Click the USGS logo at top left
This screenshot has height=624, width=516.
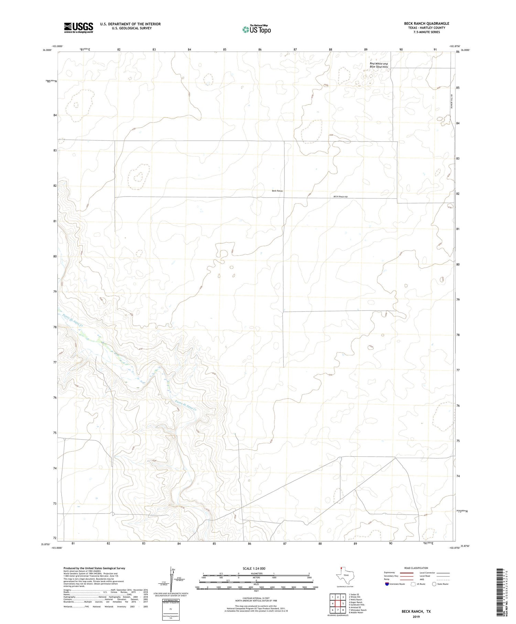point(78,28)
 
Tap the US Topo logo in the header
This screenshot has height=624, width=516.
point(256,29)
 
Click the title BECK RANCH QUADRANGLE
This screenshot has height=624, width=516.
point(427,23)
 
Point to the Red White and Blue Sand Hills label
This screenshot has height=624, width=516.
point(378,65)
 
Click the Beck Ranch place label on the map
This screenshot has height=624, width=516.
point(277,191)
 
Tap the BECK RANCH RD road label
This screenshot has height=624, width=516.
point(341,197)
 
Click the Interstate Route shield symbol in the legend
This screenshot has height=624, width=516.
point(387,584)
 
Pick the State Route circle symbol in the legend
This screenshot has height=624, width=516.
point(434,584)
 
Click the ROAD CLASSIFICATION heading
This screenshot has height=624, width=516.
point(416,568)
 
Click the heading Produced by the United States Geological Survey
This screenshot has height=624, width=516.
point(94,568)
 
